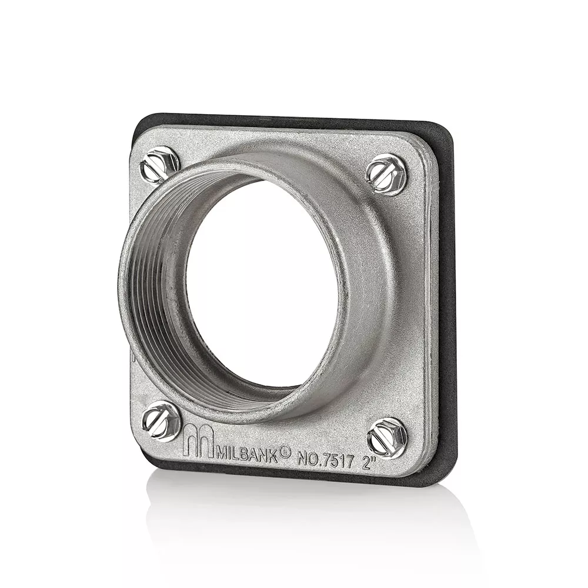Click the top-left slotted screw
point(159,167)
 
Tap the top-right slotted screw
point(386,173)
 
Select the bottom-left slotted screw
point(161,421)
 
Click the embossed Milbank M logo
point(198,442)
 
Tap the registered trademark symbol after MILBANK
point(285,452)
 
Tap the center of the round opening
point(262,282)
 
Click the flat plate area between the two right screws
point(412,306)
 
